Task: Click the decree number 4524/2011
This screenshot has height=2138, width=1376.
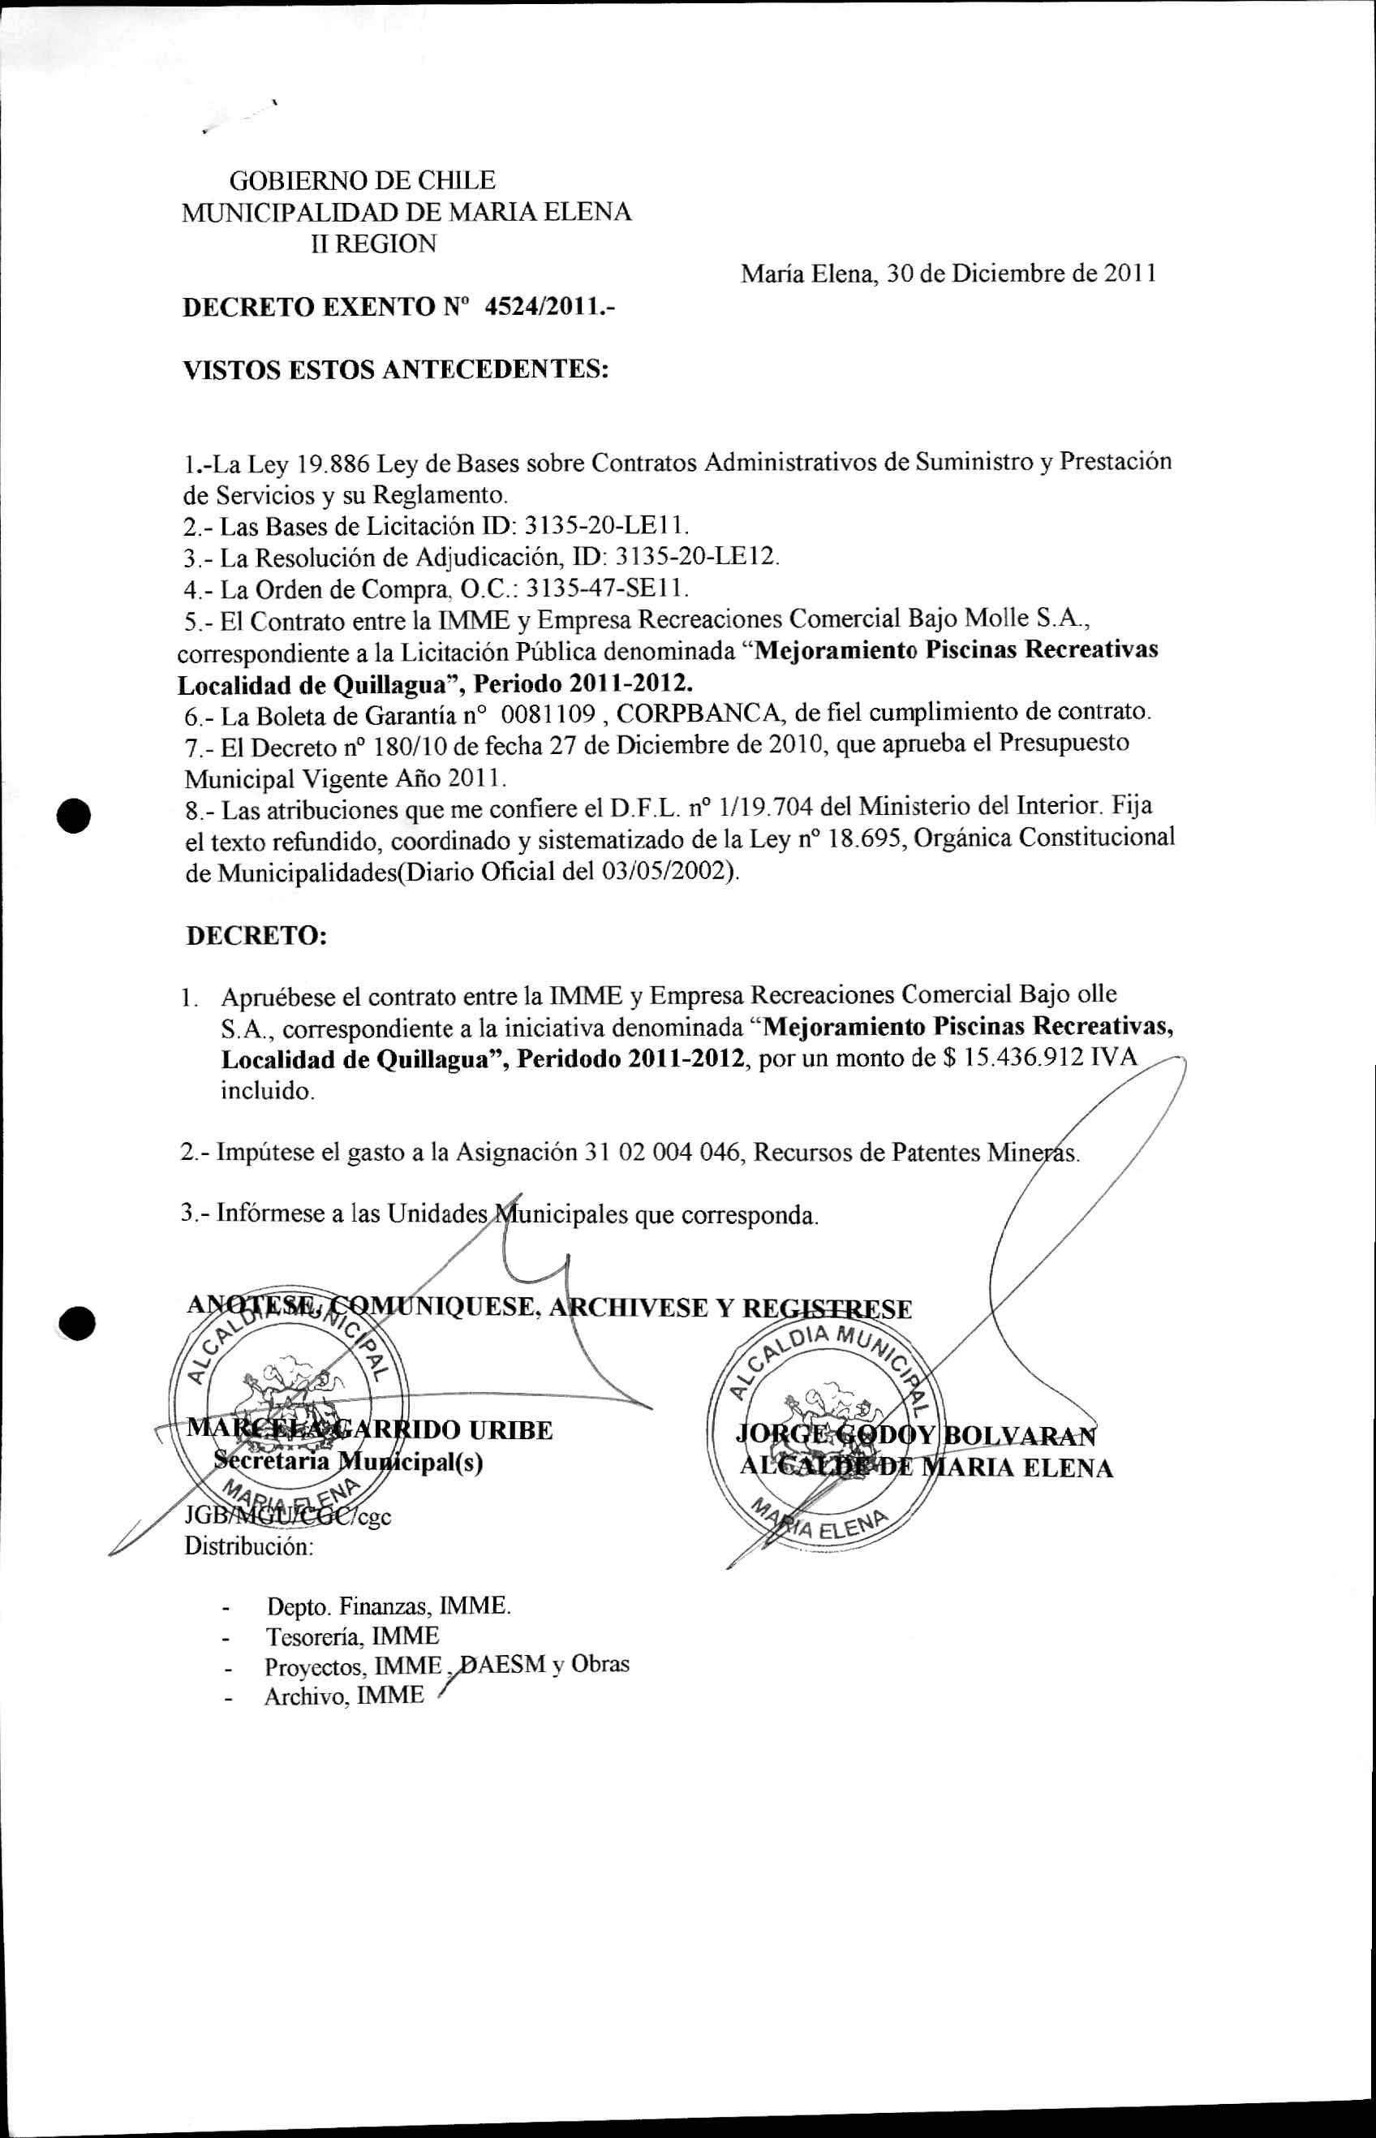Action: click(x=549, y=308)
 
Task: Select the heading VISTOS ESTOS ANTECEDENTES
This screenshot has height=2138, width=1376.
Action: click(x=395, y=369)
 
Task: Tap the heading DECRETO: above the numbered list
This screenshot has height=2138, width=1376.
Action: click(x=256, y=936)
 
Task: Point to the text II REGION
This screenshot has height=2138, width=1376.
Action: click(x=372, y=244)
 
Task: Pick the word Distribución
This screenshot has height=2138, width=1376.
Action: click(x=248, y=1546)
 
